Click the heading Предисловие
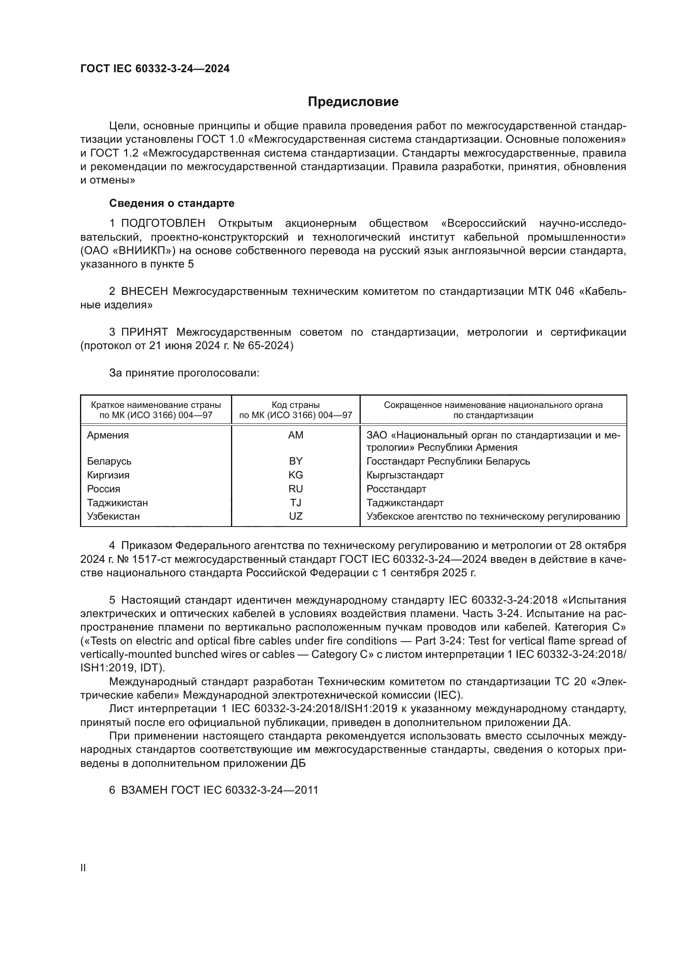point(353,102)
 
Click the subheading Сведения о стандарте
point(172,203)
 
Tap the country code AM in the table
point(295,435)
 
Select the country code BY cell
point(295,461)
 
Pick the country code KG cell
point(295,475)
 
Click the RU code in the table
point(295,489)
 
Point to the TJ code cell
point(295,503)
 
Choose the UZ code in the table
point(295,516)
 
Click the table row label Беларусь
point(109,461)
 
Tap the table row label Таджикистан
point(117,503)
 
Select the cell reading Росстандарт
point(396,489)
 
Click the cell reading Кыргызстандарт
point(405,475)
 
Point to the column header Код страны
point(295,405)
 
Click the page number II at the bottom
point(83,868)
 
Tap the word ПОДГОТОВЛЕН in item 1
point(163,224)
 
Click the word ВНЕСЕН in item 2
point(144,292)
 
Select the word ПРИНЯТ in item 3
point(144,332)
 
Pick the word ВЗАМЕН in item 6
point(144,790)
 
